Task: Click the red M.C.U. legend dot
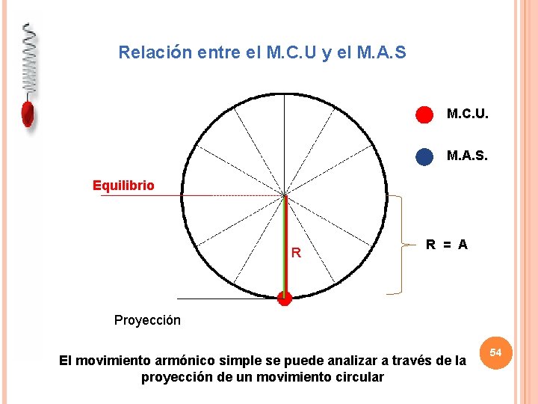[424, 114]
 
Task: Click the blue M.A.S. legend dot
[424, 156]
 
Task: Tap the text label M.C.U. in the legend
[467, 114]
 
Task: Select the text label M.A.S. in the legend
[467, 156]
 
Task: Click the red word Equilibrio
[123, 186]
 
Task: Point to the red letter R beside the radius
[296, 254]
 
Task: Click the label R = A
[446, 244]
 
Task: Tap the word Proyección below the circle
[147, 320]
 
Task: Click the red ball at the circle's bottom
[284, 299]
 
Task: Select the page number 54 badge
[495, 352]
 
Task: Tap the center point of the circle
[285, 196]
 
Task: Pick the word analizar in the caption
[355, 361]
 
